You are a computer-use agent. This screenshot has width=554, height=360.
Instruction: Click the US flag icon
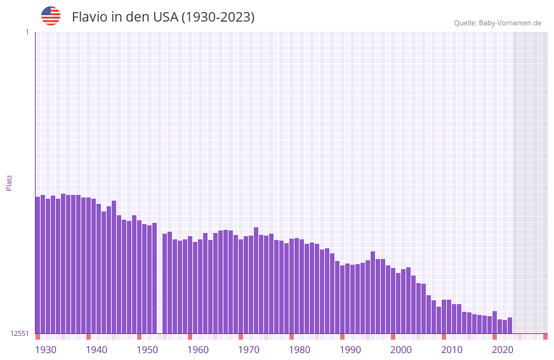tap(51, 16)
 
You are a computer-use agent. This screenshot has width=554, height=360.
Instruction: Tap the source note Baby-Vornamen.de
tap(498, 23)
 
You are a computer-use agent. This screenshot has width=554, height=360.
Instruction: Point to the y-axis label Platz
tap(9, 182)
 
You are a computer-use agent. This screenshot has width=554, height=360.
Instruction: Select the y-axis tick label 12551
tap(20, 333)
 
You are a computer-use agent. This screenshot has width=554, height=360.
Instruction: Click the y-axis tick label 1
tap(27, 32)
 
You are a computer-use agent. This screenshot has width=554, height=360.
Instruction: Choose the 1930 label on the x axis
tap(46, 350)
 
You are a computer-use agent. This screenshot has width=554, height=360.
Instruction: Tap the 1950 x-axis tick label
tap(147, 350)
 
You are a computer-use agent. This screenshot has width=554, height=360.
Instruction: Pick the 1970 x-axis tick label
tap(249, 350)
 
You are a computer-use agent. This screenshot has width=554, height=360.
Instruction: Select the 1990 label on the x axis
tap(350, 350)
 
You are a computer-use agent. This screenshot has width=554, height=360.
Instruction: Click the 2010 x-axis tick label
tap(452, 350)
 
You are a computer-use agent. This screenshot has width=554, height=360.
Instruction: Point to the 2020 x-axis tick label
tap(503, 350)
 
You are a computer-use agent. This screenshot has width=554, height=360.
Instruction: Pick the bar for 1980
tap(292, 286)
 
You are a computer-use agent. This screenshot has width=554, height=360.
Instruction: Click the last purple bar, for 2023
tap(510, 325)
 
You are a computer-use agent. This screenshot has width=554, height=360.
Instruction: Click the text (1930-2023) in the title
tap(218, 17)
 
